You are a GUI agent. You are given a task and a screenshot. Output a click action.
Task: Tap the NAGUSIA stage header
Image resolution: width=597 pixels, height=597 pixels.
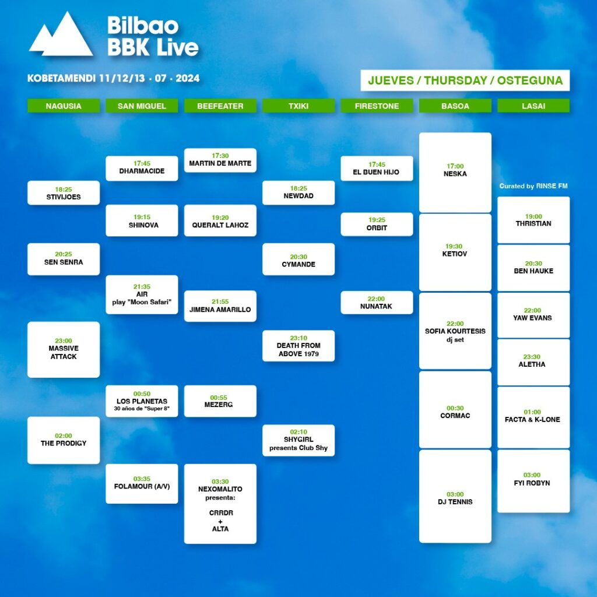[64, 106]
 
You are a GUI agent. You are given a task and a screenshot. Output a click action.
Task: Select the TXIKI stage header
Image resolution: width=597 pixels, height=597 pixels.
[298, 106]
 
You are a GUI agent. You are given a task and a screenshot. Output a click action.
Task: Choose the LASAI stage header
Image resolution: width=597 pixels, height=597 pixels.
[533, 106]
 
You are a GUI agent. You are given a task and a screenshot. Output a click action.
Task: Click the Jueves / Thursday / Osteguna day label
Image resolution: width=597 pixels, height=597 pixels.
[465, 80]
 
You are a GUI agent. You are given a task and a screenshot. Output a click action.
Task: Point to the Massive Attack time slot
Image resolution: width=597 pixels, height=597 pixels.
[64, 350]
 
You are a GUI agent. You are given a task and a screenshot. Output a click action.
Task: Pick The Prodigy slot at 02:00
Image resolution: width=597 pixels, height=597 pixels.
[64, 440]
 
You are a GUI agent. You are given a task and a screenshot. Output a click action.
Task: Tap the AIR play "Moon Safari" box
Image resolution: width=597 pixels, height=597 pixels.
[142, 294]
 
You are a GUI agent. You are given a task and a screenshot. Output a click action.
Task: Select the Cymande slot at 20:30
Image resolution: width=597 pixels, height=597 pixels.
[298, 259]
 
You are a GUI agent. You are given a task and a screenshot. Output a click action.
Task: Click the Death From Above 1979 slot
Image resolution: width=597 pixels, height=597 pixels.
[298, 346]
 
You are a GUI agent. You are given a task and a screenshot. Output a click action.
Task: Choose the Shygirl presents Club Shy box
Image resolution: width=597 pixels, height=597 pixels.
[298, 440]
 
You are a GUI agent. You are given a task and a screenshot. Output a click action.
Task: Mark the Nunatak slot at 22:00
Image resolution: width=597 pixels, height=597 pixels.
[377, 303]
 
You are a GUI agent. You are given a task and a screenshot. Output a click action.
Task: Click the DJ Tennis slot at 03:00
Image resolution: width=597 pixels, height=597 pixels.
[455, 497]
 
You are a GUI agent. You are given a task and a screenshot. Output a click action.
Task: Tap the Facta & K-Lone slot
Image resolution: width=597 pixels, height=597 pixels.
[533, 417]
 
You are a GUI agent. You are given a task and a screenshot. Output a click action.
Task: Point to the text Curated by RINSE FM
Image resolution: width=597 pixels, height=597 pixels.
[533, 186]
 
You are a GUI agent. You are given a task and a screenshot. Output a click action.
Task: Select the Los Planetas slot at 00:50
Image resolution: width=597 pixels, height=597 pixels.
[142, 401]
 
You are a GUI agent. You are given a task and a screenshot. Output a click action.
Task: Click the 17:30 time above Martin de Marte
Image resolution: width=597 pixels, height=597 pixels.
[220, 156]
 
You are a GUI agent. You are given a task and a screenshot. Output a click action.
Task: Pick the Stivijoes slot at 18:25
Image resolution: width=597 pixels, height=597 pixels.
[64, 192]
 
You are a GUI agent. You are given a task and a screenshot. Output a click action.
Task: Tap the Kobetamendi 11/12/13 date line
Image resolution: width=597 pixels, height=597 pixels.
[114, 78]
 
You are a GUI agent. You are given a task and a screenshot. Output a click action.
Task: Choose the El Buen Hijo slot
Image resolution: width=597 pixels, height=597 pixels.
[377, 168]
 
